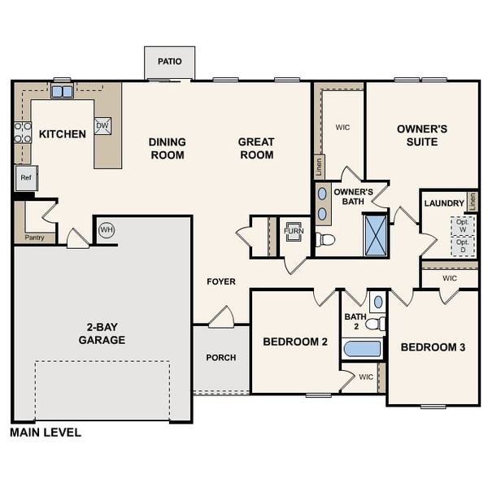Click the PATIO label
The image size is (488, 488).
(x=170, y=62)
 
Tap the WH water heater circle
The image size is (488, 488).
(x=106, y=230)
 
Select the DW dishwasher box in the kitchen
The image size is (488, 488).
(x=102, y=125)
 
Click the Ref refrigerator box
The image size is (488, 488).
(x=25, y=177)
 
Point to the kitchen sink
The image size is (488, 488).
(x=62, y=91)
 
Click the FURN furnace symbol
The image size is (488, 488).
(x=293, y=230)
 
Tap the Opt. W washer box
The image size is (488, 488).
(x=463, y=225)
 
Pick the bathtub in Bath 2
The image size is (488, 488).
(x=362, y=349)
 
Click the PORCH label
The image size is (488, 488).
(x=221, y=358)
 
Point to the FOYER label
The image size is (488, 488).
(x=221, y=282)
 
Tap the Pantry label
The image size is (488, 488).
(x=36, y=237)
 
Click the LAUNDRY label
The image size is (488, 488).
(x=444, y=203)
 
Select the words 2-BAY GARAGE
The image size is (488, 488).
(x=102, y=333)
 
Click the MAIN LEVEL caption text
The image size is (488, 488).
(x=46, y=433)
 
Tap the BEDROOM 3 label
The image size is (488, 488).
(x=433, y=347)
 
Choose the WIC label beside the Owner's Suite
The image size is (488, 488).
(x=342, y=127)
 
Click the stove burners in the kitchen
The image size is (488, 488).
(x=22, y=133)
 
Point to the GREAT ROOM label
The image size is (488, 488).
(x=256, y=148)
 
